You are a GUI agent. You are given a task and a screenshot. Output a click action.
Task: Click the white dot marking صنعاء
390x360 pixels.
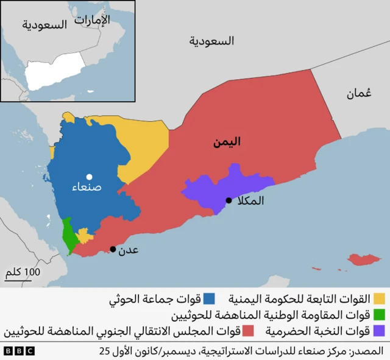89,177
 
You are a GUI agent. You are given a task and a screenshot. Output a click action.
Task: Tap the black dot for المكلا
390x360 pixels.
229,200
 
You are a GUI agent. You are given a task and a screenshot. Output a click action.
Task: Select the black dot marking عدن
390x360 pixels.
113,249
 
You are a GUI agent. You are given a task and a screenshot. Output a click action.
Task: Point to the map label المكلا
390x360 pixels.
249,200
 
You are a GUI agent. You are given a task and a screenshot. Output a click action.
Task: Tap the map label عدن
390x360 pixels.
129,249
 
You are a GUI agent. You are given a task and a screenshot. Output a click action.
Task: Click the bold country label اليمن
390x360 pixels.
227,143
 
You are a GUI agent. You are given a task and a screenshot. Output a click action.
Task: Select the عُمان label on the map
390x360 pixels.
359,93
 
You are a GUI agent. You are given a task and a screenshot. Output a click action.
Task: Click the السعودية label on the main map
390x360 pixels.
211,41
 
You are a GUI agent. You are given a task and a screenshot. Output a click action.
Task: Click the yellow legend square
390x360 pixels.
379,299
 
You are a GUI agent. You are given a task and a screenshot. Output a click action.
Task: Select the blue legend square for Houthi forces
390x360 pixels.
209,299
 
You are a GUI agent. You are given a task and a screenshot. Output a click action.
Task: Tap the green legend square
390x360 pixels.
380,315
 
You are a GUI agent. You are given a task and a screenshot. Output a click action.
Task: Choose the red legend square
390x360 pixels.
249,331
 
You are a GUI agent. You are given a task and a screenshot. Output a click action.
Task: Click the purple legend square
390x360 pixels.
380,331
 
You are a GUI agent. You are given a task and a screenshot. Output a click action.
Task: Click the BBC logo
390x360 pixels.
19,351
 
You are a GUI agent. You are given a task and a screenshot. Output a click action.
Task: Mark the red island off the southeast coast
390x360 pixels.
362,261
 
